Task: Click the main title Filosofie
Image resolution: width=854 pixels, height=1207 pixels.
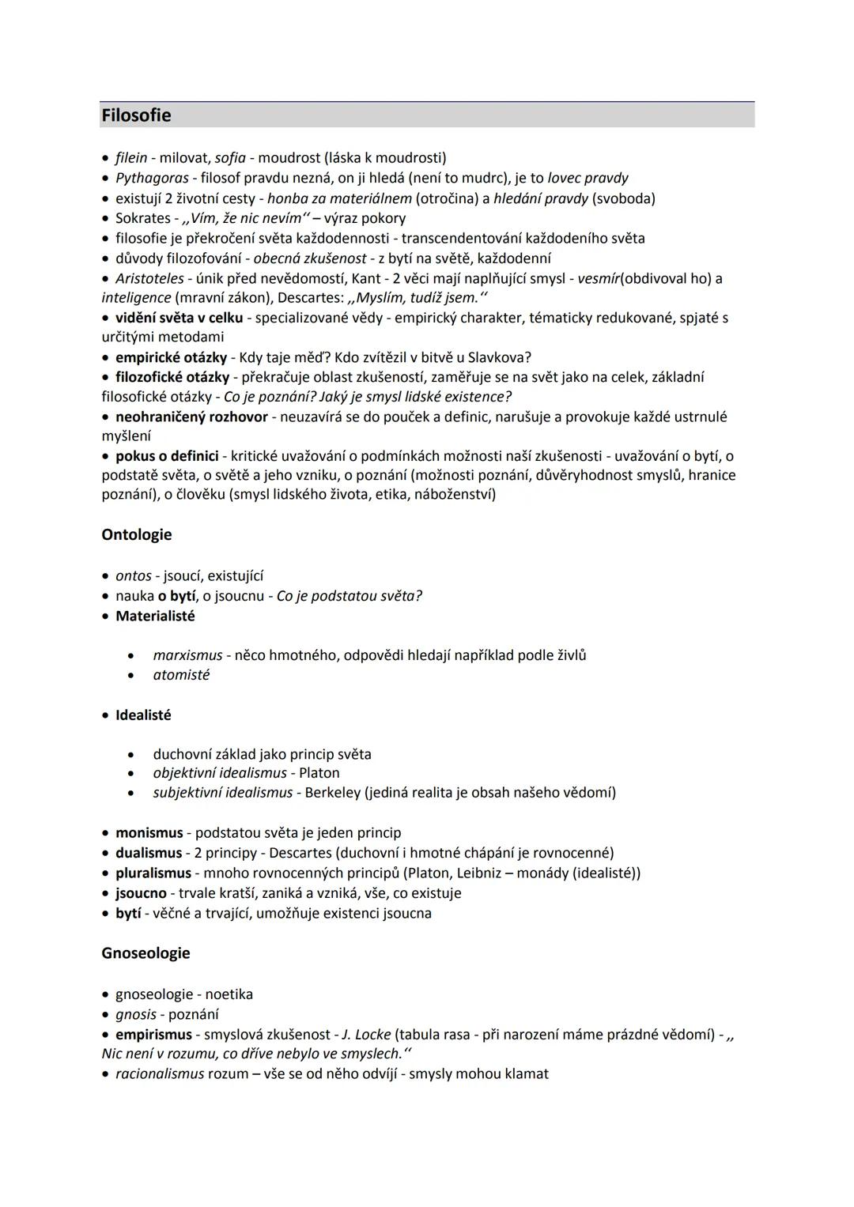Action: click(136, 115)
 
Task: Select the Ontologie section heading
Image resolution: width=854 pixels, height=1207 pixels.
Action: click(137, 535)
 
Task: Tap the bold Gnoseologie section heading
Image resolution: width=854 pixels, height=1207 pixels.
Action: click(145, 953)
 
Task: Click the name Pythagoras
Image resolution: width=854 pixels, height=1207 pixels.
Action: click(152, 178)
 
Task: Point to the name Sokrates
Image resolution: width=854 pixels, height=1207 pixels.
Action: click(142, 218)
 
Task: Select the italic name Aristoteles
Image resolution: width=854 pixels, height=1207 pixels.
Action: click(149, 278)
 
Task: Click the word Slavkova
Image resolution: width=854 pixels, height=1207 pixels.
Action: click(500, 357)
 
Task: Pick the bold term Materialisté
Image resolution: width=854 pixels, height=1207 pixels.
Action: click(155, 616)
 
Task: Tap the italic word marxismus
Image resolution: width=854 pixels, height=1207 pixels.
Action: click(187, 655)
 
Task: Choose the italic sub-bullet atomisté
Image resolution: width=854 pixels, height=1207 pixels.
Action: click(181, 675)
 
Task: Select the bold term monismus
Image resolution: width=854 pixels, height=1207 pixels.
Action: click(149, 833)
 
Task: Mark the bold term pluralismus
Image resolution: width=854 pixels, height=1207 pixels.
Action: click(153, 873)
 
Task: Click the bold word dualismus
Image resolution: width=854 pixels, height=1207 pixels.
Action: click(149, 853)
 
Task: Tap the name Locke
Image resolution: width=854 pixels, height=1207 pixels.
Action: click(372, 1035)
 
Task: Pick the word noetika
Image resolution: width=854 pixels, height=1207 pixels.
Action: click(229, 994)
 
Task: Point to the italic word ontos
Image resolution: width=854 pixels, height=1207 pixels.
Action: click(133, 576)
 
